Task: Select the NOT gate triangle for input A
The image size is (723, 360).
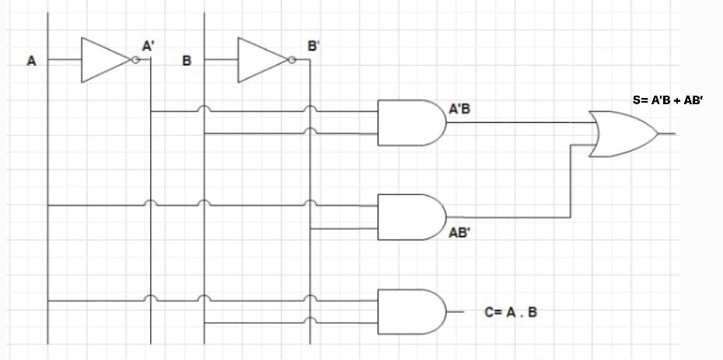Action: click(x=104, y=61)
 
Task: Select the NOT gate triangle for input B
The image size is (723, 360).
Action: click(x=261, y=61)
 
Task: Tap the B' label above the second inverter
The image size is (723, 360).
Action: click(x=313, y=46)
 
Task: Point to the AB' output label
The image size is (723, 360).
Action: click(x=460, y=232)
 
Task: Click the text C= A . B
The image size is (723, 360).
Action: click(x=510, y=313)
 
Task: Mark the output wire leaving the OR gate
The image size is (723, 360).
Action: click(x=668, y=134)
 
